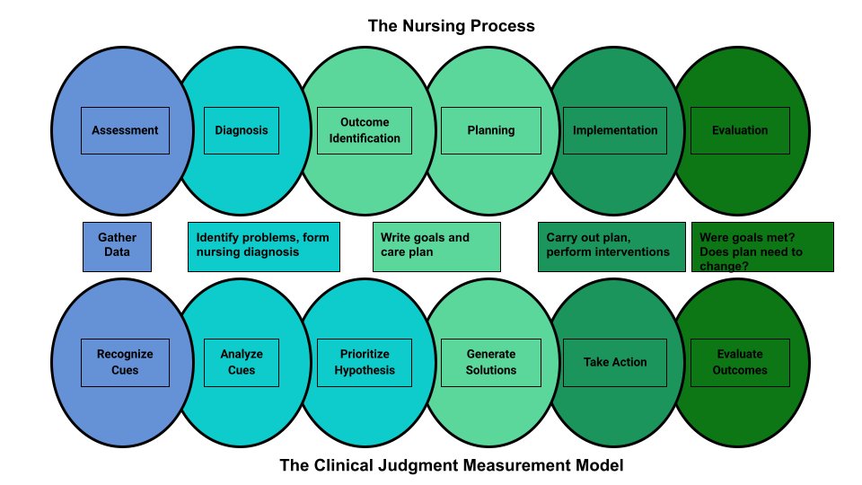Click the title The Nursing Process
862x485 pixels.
(x=451, y=26)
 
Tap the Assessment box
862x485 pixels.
(x=125, y=130)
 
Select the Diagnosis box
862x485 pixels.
(x=241, y=130)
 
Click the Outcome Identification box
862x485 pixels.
(x=365, y=130)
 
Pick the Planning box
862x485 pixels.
(x=490, y=130)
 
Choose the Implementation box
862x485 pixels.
(x=615, y=130)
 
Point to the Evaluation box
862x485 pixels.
(x=740, y=130)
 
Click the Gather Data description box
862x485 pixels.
(x=117, y=246)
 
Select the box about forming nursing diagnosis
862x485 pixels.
(x=263, y=246)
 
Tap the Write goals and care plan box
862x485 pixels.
(x=436, y=246)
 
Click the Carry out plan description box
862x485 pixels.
(x=611, y=246)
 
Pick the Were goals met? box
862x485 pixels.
(x=761, y=246)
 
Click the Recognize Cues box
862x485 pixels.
(x=125, y=362)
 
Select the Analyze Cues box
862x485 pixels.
(x=241, y=362)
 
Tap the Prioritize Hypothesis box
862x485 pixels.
(x=365, y=362)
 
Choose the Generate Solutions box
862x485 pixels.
(x=490, y=362)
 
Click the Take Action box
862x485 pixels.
(x=615, y=362)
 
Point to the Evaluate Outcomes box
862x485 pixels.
(x=740, y=362)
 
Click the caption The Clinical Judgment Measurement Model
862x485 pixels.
(x=451, y=465)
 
